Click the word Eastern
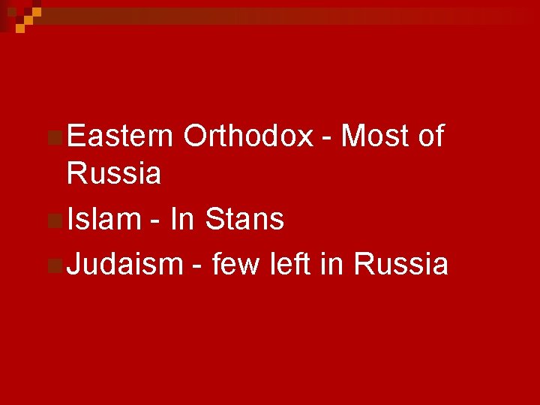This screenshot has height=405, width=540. (x=120, y=136)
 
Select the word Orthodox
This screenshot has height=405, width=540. (x=247, y=136)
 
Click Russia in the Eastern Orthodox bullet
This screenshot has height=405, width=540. (x=113, y=174)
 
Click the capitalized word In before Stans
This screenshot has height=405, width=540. (x=182, y=219)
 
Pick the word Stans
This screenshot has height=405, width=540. (x=244, y=219)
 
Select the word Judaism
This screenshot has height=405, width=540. (x=124, y=264)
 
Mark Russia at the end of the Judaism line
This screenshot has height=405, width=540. (x=401, y=264)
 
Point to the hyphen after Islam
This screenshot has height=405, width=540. (x=156, y=222)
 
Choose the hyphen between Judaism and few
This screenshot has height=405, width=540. (x=197, y=267)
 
